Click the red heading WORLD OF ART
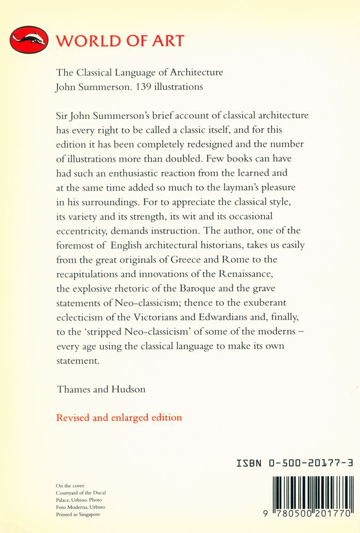(121, 41)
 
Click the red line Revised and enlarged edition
(118, 417)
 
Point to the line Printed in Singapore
(78, 514)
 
